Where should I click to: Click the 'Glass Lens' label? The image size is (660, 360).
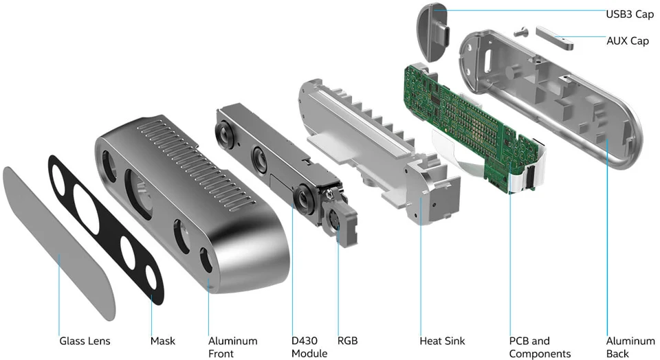click(85, 341)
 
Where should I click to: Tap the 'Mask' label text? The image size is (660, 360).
click(163, 341)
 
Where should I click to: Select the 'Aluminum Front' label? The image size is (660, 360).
click(232, 347)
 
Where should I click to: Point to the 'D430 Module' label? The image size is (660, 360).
click(309, 347)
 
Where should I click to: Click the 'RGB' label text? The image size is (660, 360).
click(347, 341)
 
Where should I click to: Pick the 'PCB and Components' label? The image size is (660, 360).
click(540, 347)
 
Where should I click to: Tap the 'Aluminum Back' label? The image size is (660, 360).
click(630, 347)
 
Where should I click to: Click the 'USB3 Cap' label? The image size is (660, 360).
click(629, 14)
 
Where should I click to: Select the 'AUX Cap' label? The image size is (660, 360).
click(627, 41)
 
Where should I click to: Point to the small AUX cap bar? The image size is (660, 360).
click(553, 38)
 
